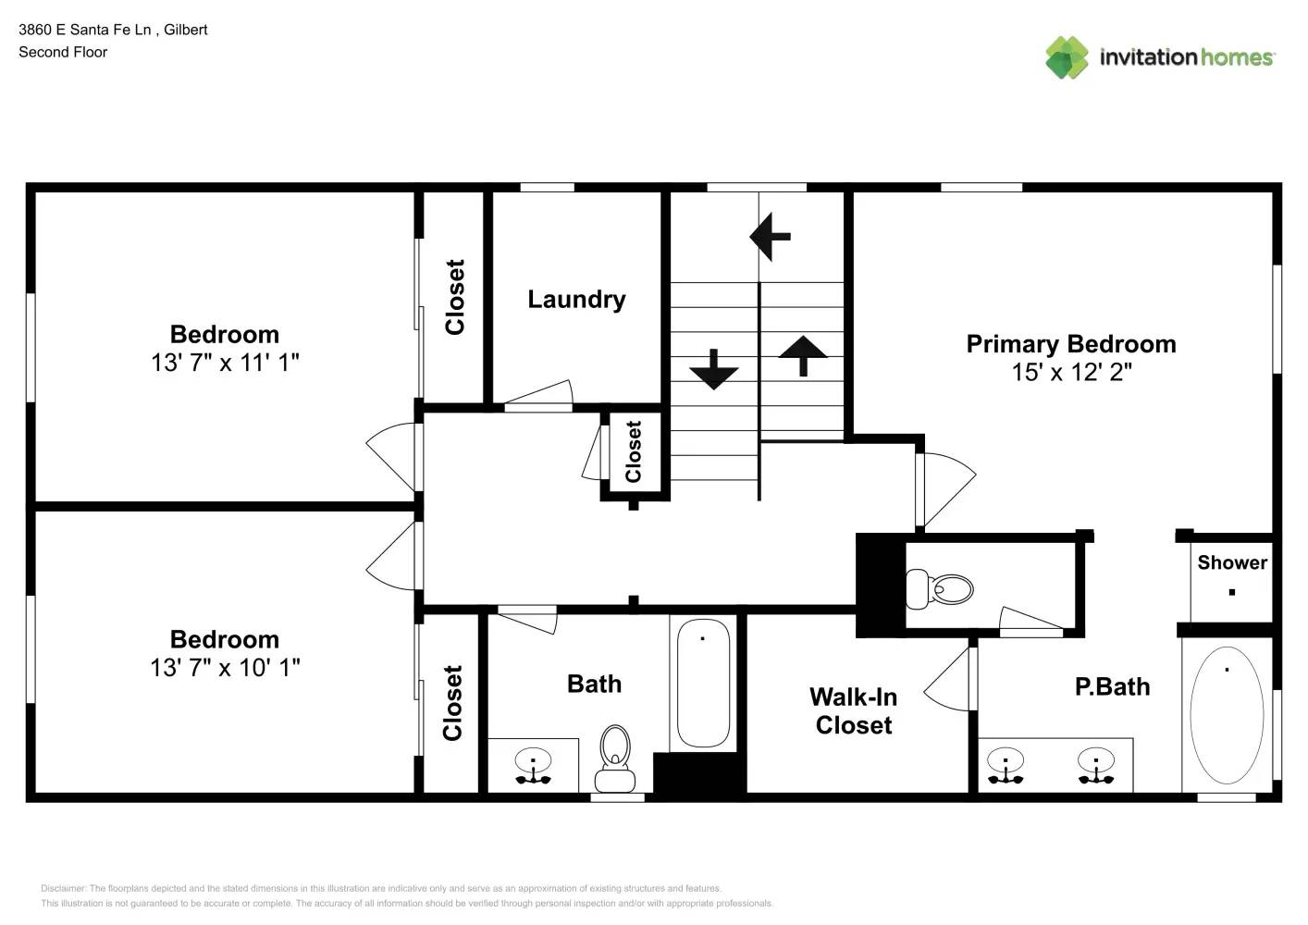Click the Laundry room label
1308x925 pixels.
click(576, 300)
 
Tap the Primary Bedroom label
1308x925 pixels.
click(1071, 344)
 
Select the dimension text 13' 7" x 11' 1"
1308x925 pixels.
click(225, 363)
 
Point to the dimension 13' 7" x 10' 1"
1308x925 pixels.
click(225, 668)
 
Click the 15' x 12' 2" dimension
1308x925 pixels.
click(1071, 373)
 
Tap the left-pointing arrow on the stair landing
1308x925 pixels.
click(771, 237)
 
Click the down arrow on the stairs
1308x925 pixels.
click(713, 369)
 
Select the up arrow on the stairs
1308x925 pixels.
click(803, 356)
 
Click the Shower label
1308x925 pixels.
click(1232, 562)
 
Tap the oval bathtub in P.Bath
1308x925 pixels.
click(1227, 715)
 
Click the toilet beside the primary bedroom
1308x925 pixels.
click(939, 588)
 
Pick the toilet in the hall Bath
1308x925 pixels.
click(615, 758)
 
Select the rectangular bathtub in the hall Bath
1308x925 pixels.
click(703, 683)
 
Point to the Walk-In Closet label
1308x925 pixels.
click(853, 711)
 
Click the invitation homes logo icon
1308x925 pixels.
click(1067, 57)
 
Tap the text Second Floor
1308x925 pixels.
click(63, 52)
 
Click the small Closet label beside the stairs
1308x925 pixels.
click(634, 451)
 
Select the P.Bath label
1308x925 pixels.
click(1113, 686)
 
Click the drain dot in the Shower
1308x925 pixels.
click(1232, 592)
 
